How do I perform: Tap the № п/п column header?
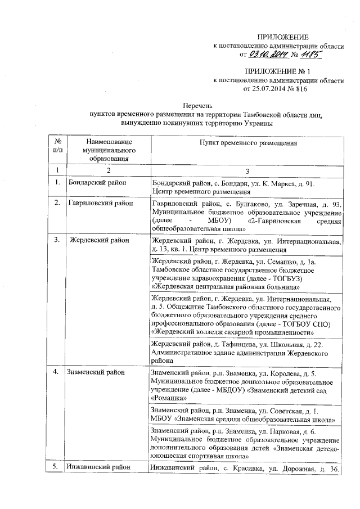pos(57,147)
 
